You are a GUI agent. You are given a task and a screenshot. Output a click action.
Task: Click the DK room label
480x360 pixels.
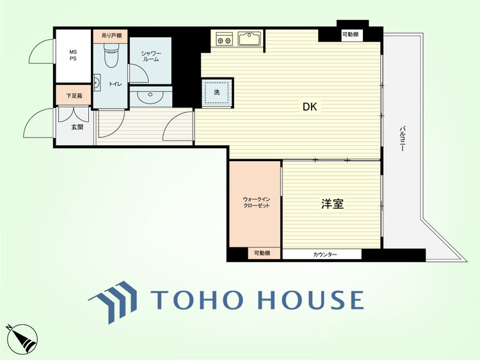310,107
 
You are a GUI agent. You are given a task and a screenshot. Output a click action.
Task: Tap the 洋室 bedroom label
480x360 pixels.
332,204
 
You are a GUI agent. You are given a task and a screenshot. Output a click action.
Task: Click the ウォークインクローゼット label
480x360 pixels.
256,203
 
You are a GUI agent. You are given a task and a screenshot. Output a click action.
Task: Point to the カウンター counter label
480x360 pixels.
324,254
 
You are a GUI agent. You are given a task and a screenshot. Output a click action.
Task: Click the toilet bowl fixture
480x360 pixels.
111,54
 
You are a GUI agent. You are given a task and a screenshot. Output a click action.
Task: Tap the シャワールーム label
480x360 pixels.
151,56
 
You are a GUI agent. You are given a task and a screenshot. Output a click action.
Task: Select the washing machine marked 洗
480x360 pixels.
217,93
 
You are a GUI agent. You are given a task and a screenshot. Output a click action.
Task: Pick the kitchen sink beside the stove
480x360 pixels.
250,38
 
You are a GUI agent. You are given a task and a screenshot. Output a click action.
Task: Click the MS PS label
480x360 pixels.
73,55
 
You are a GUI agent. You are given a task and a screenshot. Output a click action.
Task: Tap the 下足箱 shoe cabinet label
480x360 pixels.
74,96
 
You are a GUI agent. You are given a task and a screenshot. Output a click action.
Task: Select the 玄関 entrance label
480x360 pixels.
77,127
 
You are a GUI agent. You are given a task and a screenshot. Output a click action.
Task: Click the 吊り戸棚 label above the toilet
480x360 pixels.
111,35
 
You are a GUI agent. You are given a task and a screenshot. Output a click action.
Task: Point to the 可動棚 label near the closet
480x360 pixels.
262,253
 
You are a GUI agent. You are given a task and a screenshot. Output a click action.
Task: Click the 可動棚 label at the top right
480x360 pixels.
350,35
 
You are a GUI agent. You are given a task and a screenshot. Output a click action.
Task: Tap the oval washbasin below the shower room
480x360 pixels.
150,97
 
